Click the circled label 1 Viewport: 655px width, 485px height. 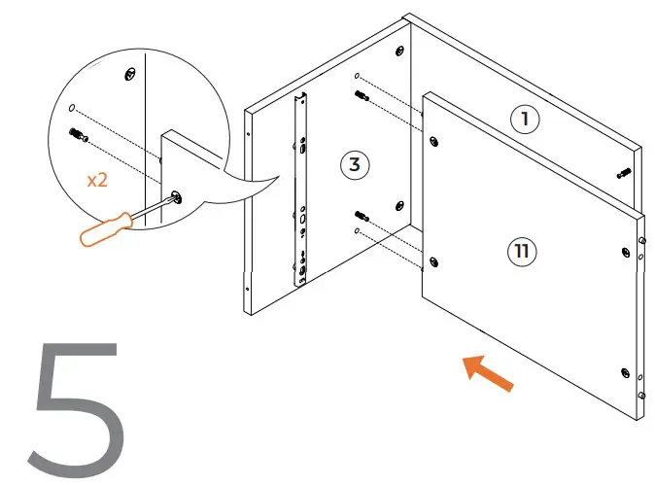(x=525, y=119)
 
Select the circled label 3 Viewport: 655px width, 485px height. (x=355, y=164)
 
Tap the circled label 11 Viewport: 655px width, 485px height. (x=522, y=252)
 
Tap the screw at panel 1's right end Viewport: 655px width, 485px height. (x=622, y=174)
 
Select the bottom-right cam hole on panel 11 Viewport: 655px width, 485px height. (x=621, y=370)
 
